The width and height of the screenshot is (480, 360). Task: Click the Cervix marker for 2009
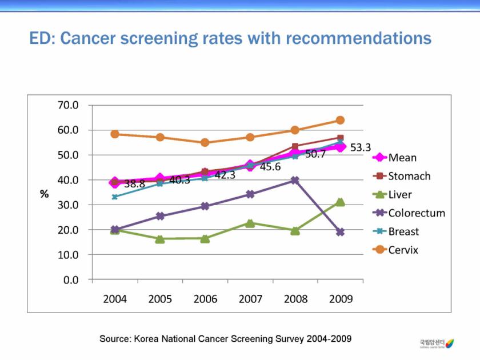tap(340, 120)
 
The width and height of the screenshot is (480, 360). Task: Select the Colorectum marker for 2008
tap(295, 180)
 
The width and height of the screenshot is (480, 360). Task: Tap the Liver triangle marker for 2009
tap(340, 202)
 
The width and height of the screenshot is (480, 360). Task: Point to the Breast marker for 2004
tap(115, 197)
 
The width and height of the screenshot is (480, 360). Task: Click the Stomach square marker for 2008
tap(295, 147)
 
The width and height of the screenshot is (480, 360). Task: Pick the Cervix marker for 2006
tap(205, 143)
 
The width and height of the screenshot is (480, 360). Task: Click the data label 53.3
tap(361, 147)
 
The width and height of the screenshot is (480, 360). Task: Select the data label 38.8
tap(134, 184)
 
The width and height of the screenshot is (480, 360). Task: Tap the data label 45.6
tap(270, 167)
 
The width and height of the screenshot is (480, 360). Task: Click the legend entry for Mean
tap(402, 158)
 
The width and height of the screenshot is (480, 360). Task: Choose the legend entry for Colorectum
tap(416, 213)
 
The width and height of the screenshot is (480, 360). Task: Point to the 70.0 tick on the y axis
tap(68, 106)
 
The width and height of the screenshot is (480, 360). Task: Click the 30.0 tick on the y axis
tap(68, 205)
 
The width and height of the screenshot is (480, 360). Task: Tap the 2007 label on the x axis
tap(250, 299)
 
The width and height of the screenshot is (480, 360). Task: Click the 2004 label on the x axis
tap(115, 299)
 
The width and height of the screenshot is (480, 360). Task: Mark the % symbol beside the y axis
tap(44, 194)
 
